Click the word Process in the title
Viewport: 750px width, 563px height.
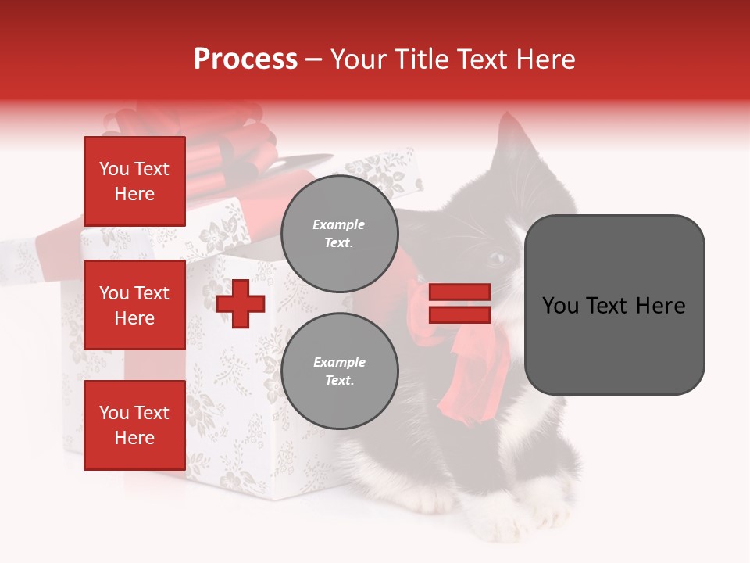245,59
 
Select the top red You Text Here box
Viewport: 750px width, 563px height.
134,181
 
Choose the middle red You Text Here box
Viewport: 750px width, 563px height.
134,305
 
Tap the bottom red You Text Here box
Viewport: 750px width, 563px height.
134,425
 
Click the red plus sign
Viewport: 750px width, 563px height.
241,303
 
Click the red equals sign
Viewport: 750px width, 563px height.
459,303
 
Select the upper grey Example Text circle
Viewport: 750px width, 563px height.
339,233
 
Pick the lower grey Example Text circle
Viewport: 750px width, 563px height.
339,371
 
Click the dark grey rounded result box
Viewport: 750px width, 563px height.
614,305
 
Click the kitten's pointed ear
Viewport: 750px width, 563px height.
513,133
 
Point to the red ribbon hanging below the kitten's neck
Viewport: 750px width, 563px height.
469,383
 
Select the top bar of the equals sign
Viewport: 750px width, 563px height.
459,292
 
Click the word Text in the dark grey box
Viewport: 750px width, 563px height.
614,305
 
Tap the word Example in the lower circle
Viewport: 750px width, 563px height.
339,362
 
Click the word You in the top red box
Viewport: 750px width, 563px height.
113,169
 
